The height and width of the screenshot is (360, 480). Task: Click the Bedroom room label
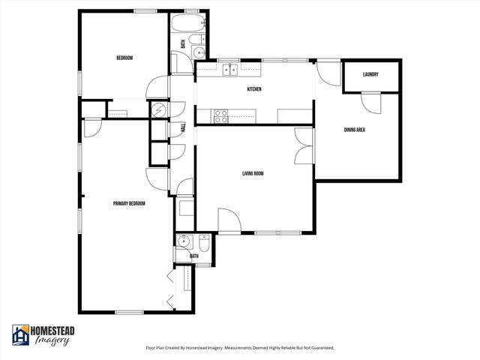[x=124, y=58]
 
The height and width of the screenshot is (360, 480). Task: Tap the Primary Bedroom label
[x=129, y=203]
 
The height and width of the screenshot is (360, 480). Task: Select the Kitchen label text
[x=254, y=90]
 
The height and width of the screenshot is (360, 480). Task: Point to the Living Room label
[x=253, y=173]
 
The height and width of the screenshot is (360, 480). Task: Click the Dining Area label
[x=355, y=130]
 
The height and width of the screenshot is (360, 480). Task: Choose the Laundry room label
[x=370, y=74]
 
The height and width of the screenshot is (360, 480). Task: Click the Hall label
[x=184, y=128]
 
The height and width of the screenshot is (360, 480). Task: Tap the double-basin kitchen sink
[x=229, y=70]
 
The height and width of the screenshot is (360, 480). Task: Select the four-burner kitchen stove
[x=222, y=115]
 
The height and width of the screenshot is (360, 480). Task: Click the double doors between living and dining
[x=302, y=144]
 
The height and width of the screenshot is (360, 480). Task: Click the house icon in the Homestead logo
[x=21, y=335]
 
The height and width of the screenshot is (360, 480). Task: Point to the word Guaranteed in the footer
[x=319, y=348]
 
